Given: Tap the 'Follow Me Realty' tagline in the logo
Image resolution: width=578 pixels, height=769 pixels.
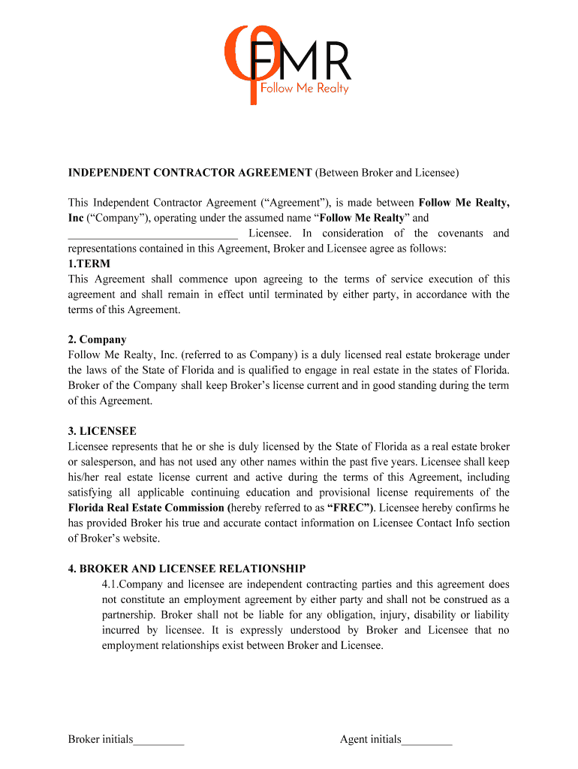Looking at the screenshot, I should pyautogui.click(x=304, y=88).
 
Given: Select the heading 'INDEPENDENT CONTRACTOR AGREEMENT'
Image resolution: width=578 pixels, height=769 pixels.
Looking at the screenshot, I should pyautogui.click(x=190, y=173).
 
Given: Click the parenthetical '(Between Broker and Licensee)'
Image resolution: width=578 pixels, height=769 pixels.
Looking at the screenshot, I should pyautogui.click(x=386, y=173).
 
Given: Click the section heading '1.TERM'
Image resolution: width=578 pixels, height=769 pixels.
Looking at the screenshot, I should pyautogui.click(x=89, y=264).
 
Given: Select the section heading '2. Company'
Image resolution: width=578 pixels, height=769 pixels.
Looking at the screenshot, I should pyautogui.click(x=98, y=339).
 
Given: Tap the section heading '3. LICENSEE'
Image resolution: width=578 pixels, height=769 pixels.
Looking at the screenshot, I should pyautogui.click(x=102, y=431).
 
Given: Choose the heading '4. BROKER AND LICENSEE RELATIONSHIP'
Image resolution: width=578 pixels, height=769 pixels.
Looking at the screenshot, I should pyautogui.click(x=187, y=568).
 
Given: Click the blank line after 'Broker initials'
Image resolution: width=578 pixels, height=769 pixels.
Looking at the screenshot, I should pyautogui.click(x=159, y=740).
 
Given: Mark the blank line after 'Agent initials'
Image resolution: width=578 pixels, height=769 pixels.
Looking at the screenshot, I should pyautogui.click(x=427, y=740).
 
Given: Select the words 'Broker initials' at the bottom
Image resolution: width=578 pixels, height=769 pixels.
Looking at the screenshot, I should pyautogui.click(x=101, y=740).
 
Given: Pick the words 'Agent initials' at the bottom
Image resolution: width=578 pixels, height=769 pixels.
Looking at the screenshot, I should pyautogui.click(x=370, y=740).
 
